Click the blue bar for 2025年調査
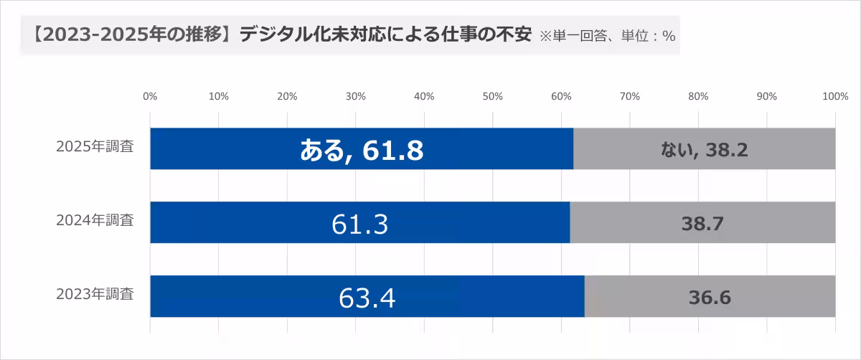[215, 149]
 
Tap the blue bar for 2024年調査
[215, 222]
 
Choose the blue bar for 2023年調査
[215, 296]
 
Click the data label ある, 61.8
[361, 150]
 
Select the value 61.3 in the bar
[360, 224]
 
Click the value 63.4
[367, 298]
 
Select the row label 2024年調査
[95, 220]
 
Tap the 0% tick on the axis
[150, 96]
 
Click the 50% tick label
[493, 96]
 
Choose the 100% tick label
[835, 96]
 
